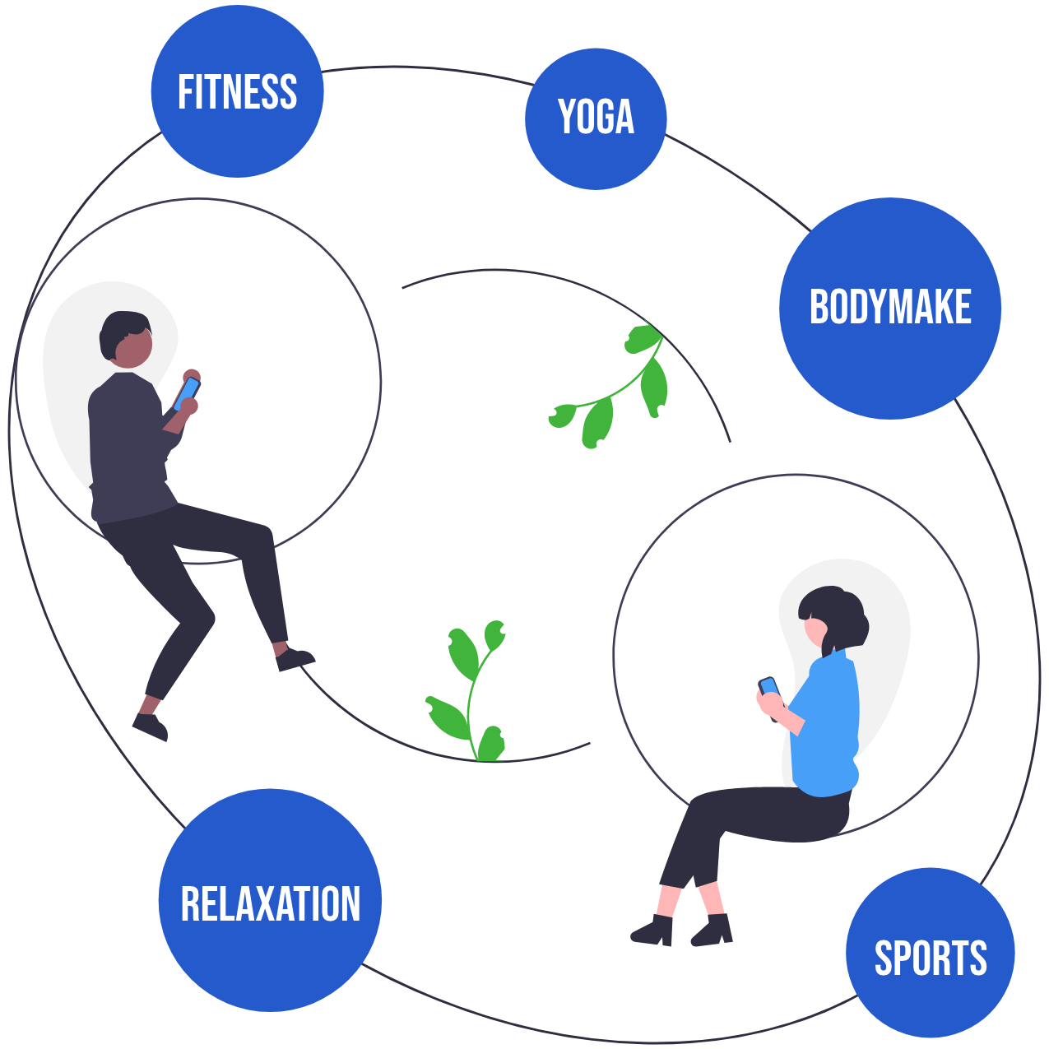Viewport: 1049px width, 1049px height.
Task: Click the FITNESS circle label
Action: pos(237,91)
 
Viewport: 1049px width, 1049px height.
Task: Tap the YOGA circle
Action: pos(596,118)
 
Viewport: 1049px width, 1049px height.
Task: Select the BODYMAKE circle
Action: pos(890,308)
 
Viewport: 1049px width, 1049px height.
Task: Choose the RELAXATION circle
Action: pos(270,901)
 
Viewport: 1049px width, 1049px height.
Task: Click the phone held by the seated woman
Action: pos(769,687)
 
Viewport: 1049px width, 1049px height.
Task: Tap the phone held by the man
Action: pos(188,392)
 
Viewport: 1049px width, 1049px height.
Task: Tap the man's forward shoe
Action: pos(295,658)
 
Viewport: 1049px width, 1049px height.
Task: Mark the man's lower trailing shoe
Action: pos(151,726)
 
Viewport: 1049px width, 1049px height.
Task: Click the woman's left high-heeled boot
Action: pos(654,931)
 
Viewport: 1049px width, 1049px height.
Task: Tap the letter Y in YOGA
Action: pos(566,117)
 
